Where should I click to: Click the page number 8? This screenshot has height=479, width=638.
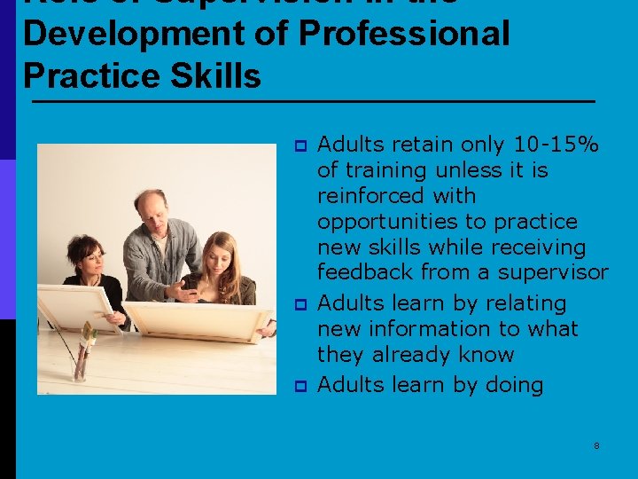pyautogui.click(x=596, y=445)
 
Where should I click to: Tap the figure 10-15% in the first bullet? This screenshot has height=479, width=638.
pyautogui.click(x=557, y=145)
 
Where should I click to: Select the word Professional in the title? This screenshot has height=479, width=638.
pyautogui.click(x=404, y=34)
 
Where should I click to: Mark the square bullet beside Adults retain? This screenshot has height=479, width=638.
pyautogui.click(x=300, y=145)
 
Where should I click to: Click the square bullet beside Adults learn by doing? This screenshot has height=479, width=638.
pyautogui.click(x=300, y=386)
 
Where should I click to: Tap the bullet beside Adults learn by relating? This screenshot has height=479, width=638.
pyautogui.click(x=300, y=304)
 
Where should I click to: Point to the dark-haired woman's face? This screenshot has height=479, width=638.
pyautogui.click(x=90, y=258)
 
